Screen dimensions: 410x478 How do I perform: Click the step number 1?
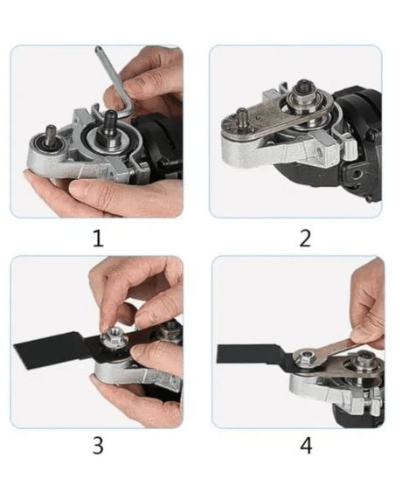pos(98,239)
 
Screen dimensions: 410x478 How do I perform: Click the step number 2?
pos(305,239)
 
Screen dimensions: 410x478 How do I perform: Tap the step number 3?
pos(98,446)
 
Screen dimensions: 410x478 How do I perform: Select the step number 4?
pos(306,446)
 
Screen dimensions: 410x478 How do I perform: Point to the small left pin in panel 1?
pos(51,134)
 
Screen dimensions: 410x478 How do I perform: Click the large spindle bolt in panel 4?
pos(364,360)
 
